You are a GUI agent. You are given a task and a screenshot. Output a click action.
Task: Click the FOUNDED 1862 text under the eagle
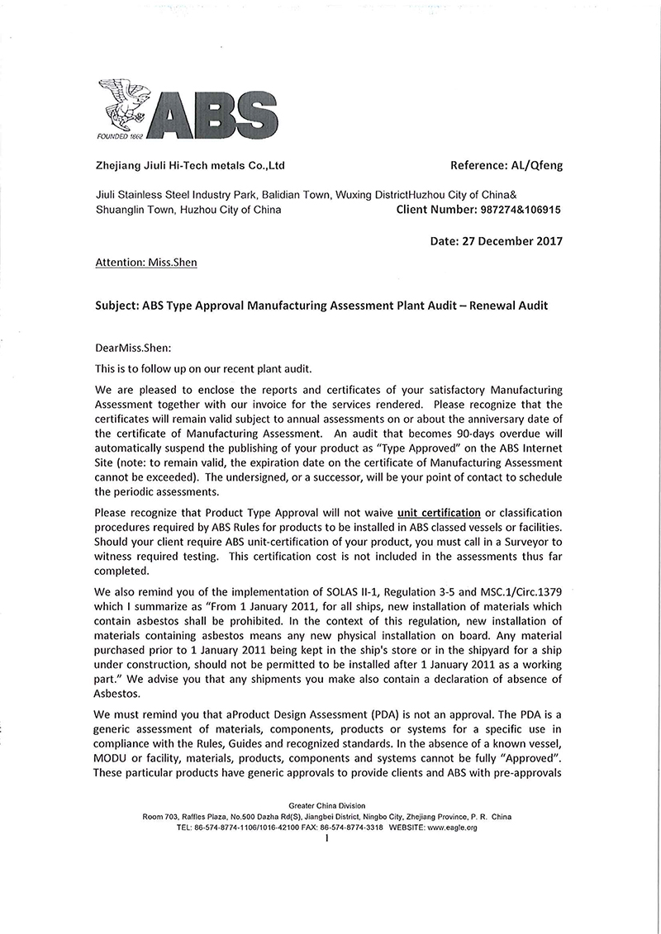[121, 135]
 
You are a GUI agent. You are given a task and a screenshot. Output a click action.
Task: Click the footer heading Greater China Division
[327, 805]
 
